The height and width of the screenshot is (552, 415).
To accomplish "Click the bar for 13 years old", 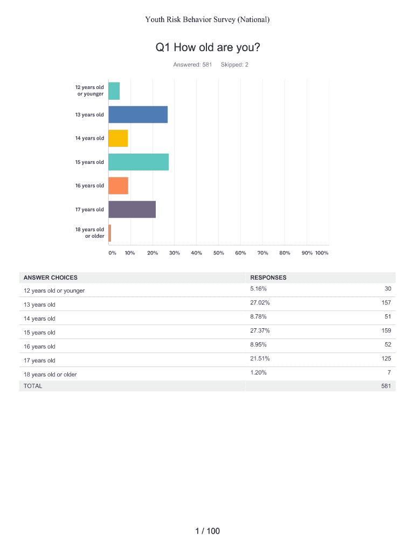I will [x=138, y=115].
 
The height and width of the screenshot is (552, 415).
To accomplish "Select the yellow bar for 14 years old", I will [x=118, y=139].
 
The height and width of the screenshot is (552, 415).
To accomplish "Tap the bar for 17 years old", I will [x=132, y=210].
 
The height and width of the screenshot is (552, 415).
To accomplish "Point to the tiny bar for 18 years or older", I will [x=109, y=233].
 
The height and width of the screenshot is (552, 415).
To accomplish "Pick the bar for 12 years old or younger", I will [x=114, y=91].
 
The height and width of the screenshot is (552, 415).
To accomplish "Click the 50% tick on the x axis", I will [x=218, y=253].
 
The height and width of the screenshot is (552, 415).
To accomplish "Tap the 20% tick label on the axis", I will [x=153, y=253].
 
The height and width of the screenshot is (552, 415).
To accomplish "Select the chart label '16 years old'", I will [x=89, y=186].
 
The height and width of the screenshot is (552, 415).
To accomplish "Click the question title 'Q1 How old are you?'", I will [x=207, y=48].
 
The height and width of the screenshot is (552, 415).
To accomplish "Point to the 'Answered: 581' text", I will [x=189, y=65].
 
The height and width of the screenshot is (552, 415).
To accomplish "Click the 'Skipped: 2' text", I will [x=234, y=65].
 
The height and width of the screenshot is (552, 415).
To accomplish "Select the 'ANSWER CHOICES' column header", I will [x=51, y=278].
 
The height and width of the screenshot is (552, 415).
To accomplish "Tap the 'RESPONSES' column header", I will [x=268, y=278].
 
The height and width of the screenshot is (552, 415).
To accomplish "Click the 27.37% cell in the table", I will [x=260, y=330].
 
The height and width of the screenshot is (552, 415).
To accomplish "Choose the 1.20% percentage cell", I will [x=258, y=372].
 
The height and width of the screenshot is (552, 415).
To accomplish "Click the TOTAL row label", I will [x=33, y=386].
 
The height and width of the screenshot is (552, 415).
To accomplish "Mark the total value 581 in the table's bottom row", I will [x=385, y=386].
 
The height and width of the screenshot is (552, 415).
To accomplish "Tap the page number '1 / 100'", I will [x=207, y=532].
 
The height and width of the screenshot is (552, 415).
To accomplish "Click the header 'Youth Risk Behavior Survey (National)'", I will [x=207, y=20].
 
